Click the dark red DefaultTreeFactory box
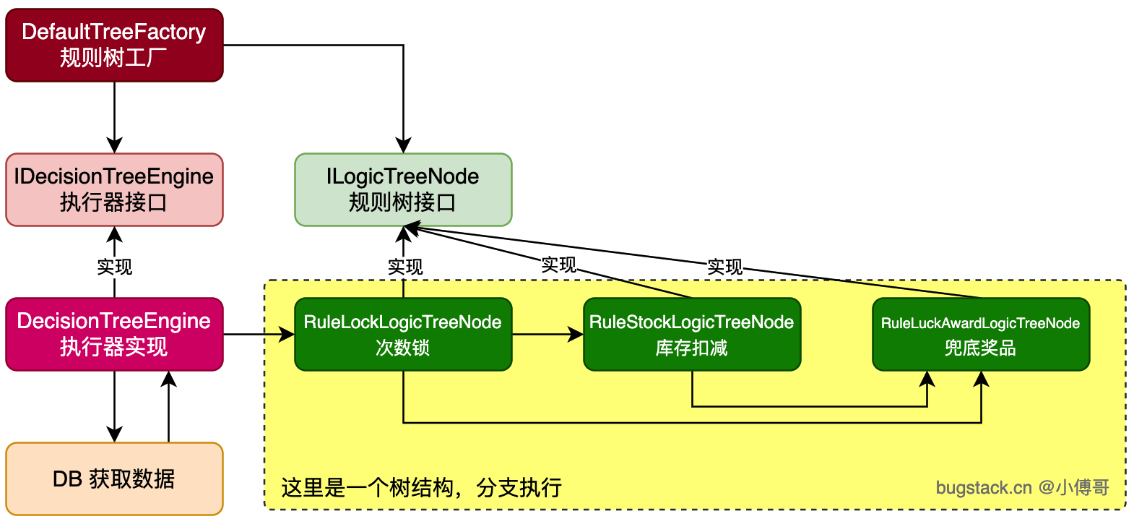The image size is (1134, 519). pyautogui.click(x=114, y=45)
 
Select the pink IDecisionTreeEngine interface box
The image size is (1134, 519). pyautogui.click(x=114, y=189)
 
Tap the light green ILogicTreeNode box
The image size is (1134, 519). pyautogui.click(x=404, y=189)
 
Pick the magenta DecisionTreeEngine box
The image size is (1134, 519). pyautogui.click(x=114, y=334)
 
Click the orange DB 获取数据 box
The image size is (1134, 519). pyautogui.click(x=114, y=479)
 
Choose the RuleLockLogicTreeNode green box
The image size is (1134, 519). pyautogui.click(x=404, y=334)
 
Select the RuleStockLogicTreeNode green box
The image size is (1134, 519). pyautogui.click(x=692, y=334)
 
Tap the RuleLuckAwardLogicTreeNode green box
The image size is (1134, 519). pyautogui.click(x=981, y=334)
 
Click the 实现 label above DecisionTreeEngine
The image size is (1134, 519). pyautogui.click(x=114, y=267)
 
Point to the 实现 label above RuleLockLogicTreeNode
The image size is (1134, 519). pyautogui.click(x=405, y=267)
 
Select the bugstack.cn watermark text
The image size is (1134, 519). pyautogui.click(x=1022, y=487)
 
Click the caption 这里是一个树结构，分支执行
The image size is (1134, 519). pyautogui.click(x=421, y=488)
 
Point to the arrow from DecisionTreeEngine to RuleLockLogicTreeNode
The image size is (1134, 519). pyautogui.click(x=259, y=334)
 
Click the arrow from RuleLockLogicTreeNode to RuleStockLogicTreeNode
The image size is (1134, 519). pyautogui.click(x=547, y=334)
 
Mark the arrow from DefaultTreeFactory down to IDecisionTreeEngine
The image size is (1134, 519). pyautogui.click(x=114, y=118)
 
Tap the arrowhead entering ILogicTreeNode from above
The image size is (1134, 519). pyautogui.click(x=404, y=145)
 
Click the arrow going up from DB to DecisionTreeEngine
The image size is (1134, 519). pyautogui.click(x=168, y=406)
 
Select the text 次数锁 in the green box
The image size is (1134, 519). pyautogui.click(x=403, y=348)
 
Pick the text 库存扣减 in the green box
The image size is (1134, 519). pyautogui.click(x=691, y=348)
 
